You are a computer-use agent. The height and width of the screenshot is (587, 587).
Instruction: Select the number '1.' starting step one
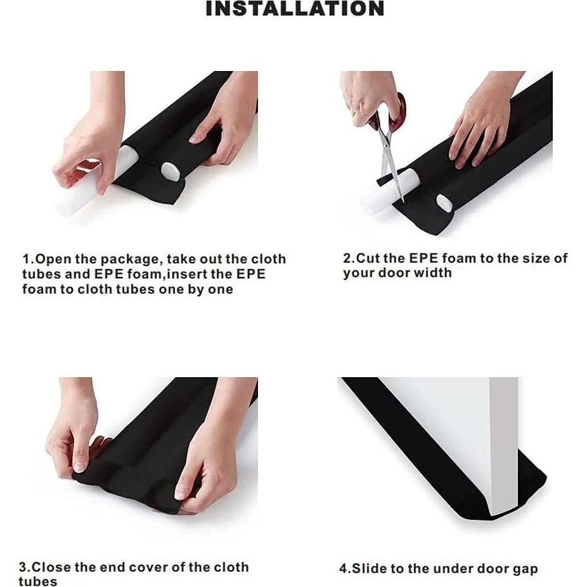[x=28, y=259]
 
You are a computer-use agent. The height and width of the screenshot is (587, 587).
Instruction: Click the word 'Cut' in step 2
[x=368, y=258]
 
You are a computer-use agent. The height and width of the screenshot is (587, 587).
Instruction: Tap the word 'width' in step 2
[x=432, y=273]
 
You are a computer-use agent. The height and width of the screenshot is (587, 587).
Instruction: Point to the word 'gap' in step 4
[x=524, y=569]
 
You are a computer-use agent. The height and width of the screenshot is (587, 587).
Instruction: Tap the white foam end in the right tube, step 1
[x=171, y=172]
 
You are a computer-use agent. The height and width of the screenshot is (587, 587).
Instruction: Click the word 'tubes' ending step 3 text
[x=38, y=582]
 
